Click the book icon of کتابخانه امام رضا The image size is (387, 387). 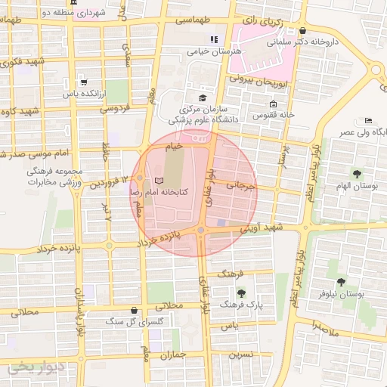pos(158,181)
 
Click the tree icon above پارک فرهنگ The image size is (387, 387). pos(241,293)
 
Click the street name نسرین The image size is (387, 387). pos(240,353)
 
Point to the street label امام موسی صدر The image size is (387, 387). pos(29,155)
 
